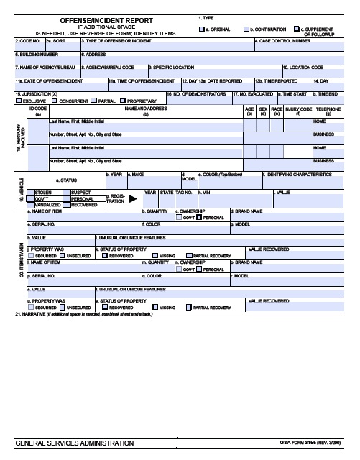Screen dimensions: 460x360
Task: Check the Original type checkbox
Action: point(203,29)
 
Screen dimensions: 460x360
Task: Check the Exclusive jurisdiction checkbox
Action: point(20,101)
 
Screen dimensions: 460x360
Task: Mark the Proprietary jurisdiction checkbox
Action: point(123,101)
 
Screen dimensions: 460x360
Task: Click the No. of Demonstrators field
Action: point(198,99)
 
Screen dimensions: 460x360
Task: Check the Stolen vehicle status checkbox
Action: point(29,192)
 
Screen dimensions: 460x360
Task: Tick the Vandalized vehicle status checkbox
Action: point(29,204)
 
